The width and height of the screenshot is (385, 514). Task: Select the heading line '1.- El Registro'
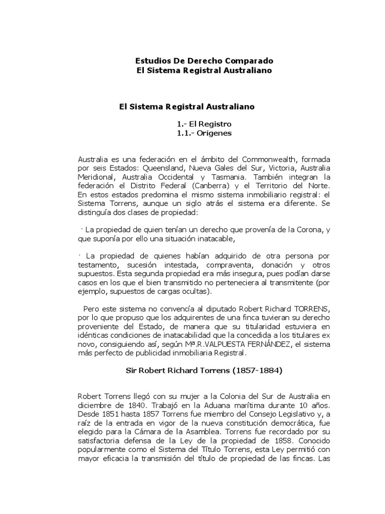coord(204,123)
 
